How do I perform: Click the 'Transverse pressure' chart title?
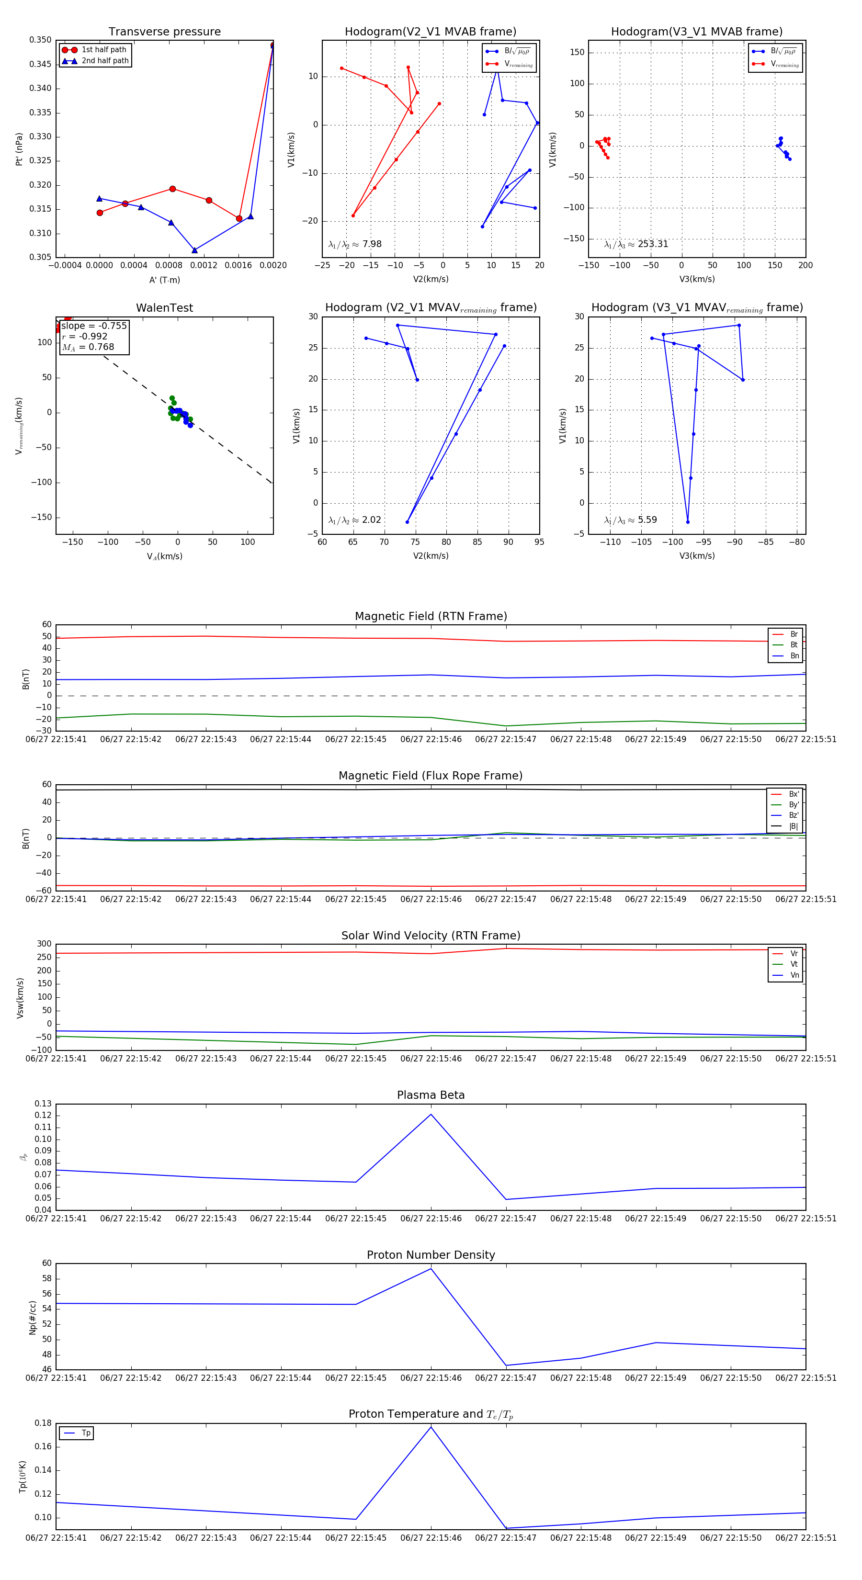[x=164, y=32]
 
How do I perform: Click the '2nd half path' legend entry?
[x=105, y=61]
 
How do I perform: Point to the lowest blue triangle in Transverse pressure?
[x=194, y=250]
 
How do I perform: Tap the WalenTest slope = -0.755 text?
[x=94, y=326]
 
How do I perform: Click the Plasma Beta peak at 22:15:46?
[x=431, y=1115]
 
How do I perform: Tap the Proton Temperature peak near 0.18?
[x=431, y=1427]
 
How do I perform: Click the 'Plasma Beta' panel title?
[x=431, y=1095]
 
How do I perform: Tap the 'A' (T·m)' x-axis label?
[x=164, y=280]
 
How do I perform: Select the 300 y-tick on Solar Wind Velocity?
[x=44, y=944]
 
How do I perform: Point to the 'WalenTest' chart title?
[x=164, y=308]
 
